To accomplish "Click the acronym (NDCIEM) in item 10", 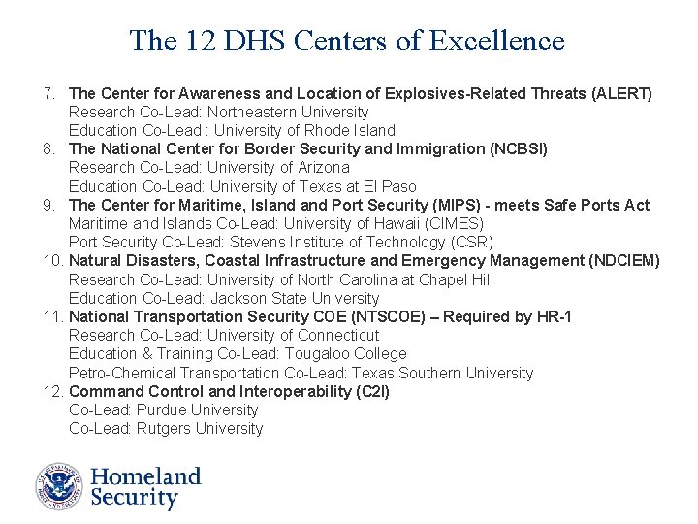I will tap(623, 260).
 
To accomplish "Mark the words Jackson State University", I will tap(295, 298).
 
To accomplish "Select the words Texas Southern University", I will tap(442, 373).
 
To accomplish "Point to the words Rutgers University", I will tap(200, 428).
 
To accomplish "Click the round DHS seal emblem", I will tap(60, 486).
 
